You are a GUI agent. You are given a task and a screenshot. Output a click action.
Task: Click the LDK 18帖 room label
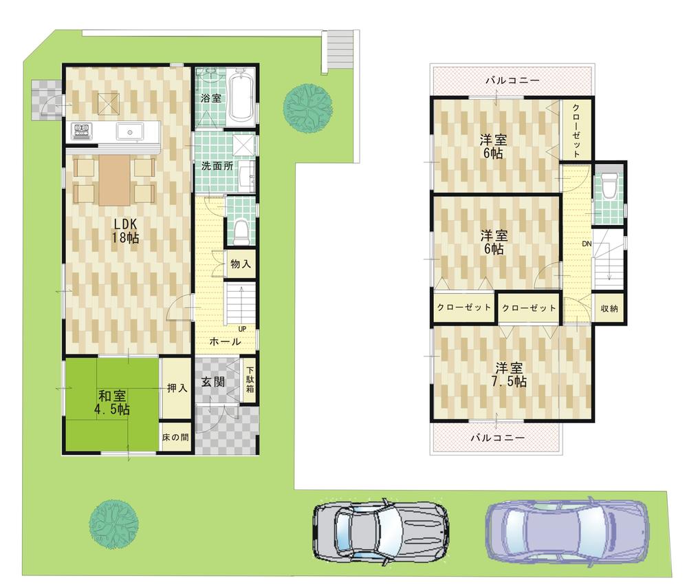coord(126,231)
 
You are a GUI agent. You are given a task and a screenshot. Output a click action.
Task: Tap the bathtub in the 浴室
coord(240,98)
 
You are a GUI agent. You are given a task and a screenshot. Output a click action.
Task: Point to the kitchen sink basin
coord(128,131)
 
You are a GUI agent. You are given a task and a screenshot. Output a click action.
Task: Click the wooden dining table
coord(114,180)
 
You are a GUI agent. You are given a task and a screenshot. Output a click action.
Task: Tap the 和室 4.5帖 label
coord(113,402)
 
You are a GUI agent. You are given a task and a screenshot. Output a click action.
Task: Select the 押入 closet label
coord(176,389)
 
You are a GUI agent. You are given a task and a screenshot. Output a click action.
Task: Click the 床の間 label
coord(176,436)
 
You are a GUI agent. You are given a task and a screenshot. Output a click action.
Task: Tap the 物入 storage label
coord(240,264)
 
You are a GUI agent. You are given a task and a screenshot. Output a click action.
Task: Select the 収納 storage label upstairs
coord(609,308)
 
